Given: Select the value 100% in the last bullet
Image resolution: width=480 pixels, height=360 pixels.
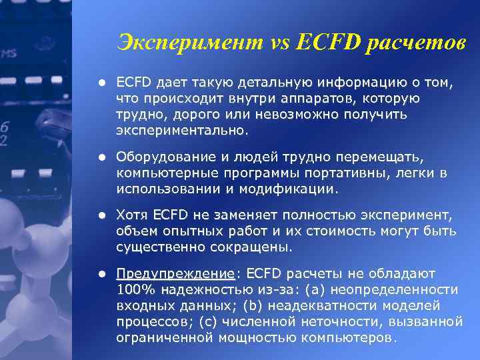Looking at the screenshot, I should coord(133,289).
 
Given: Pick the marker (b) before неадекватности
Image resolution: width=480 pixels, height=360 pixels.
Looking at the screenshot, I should coord(252,305).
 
